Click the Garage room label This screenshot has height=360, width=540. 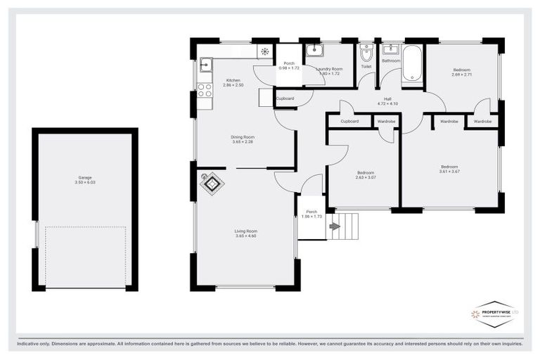pyautogui.click(x=84, y=178)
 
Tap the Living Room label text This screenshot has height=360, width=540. pyautogui.click(x=245, y=231)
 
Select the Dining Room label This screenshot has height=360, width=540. pyautogui.click(x=243, y=136)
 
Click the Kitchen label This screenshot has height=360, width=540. pyautogui.click(x=233, y=80)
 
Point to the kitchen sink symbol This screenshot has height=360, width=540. pyautogui.click(x=205, y=66)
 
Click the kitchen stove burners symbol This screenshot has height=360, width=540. pyautogui.click(x=205, y=90)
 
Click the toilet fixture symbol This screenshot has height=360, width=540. pyautogui.click(x=366, y=55)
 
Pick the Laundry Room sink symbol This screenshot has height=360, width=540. pyautogui.click(x=314, y=50)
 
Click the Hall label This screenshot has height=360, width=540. pyautogui.click(x=387, y=98)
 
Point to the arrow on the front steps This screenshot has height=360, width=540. pyautogui.click(x=334, y=226)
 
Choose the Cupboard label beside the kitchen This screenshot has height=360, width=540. pyautogui.click(x=285, y=98)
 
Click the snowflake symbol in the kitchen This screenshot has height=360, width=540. pyautogui.click(x=265, y=51)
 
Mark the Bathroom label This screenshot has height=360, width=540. pyautogui.click(x=391, y=61)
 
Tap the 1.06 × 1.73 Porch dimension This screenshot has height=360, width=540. pyautogui.click(x=311, y=217)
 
